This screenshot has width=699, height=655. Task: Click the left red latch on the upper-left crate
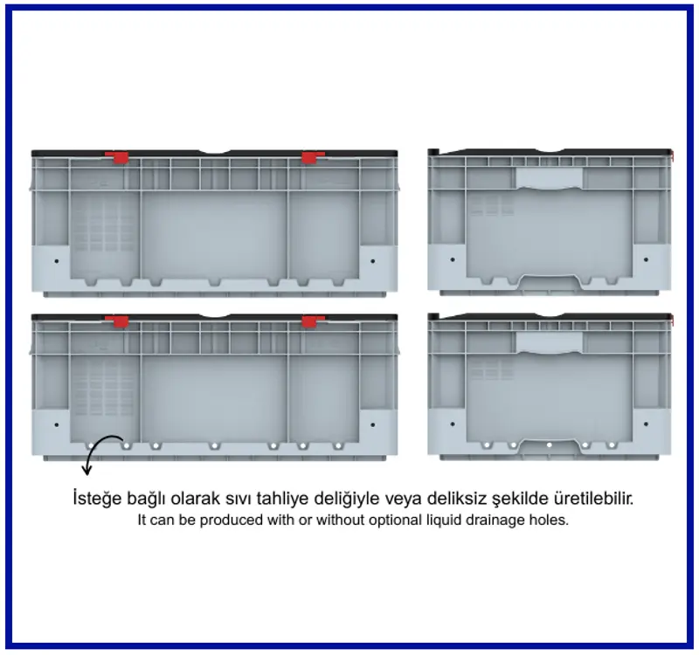point(117,157)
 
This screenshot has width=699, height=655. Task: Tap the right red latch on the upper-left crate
point(313,157)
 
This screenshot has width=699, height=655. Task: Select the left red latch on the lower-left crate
point(117,321)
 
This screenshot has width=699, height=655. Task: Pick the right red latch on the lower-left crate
point(313,321)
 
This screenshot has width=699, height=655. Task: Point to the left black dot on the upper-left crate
point(57,260)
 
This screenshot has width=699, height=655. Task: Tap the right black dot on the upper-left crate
point(373,260)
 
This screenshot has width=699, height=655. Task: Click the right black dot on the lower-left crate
point(373,424)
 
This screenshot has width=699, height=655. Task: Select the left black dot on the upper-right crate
point(453,259)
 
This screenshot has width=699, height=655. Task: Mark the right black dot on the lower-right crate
point(646,424)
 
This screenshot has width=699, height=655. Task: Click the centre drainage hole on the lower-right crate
point(550,445)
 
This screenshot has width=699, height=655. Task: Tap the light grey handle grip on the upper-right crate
point(550,179)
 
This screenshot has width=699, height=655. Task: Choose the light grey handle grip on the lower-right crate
point(550,343)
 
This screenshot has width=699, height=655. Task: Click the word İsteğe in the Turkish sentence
point(97,498)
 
